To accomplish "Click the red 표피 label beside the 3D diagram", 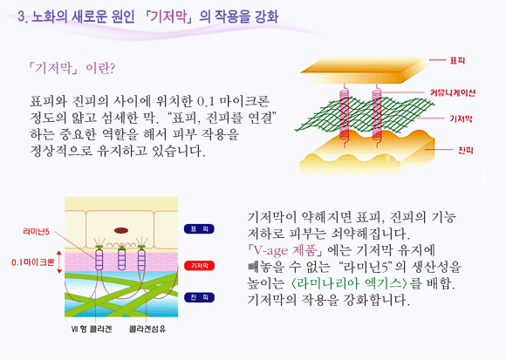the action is (x=457, y=60).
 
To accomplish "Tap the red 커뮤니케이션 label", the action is (x=453, y=92).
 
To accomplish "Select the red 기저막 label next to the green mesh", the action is (x=461, y=119).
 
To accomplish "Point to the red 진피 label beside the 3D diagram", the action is (x=465, y=150).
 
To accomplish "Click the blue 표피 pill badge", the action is (x=200, y=229).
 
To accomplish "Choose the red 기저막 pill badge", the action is (x=200, y=266).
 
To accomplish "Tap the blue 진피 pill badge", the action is (x=200, y=297).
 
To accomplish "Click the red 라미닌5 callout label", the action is (x=36, y=231).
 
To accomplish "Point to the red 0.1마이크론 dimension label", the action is (x=32, y=262).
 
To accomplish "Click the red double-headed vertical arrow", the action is (x=59, y=262).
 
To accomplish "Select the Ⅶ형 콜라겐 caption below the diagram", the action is (x=92, y=329).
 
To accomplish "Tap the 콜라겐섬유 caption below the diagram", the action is (x=147, y=329).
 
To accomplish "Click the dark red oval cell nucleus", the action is (x=121, y=230).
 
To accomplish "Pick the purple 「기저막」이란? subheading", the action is (x=72, y=68).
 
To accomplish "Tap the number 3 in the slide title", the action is (x=21, y=17).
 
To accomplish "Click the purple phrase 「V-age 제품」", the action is (x=285, y=250).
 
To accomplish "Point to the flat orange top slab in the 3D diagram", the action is (x=364, y=71).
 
